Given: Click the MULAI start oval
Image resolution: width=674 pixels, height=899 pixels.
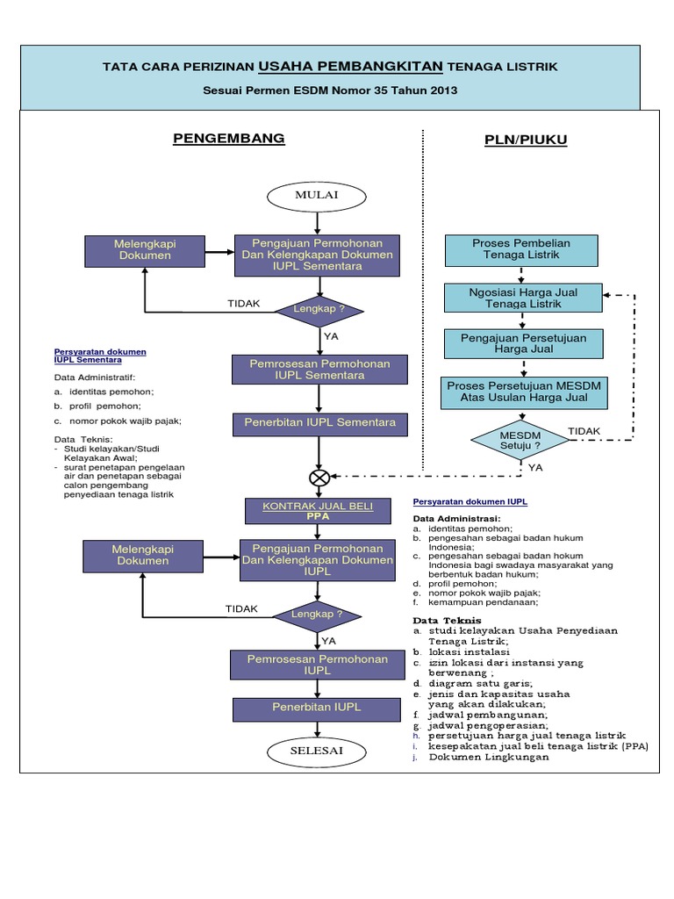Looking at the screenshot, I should pyautogui.click(x=317, y=196).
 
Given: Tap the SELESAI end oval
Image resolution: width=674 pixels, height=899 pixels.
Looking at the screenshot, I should pyautogui.click(x=317, y=752).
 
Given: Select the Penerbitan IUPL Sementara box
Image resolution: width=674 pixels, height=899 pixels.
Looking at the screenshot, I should pyautogui.click(x=319, y=423).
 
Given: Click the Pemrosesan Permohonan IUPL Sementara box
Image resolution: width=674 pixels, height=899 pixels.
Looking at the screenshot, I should pyautogui.click(x=319, y=370).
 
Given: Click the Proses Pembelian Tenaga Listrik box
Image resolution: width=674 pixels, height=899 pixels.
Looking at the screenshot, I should pyautogui.click(x=520, y=249).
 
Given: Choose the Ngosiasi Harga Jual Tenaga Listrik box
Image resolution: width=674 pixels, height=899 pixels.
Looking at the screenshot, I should pyautogui.click(x=524, y=298).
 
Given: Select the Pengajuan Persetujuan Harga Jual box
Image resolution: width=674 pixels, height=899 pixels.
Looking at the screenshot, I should pyautogui.click(x=524, y=343).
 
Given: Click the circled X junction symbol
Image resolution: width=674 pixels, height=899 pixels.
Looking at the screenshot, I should pyautogui.click(x=318, y=478).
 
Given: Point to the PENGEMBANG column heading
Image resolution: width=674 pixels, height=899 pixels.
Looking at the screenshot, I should pyautogui.click(x=228, y=139).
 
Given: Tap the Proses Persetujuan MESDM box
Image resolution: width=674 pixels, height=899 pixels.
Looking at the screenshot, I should pyautogui.click(x=524, y=392).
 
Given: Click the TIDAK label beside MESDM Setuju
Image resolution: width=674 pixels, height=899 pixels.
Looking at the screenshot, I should pyautogui.click(x=584, y=430).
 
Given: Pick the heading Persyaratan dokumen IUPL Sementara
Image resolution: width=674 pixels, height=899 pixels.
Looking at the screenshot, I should pyautogui.click(x=100, y=356).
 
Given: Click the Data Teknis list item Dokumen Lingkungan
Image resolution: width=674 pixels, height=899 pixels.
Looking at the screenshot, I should pyautogui.click(x=488, y=757).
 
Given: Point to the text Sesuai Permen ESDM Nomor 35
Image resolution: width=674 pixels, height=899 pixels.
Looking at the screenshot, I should pyautogui.click(x=330, y=90).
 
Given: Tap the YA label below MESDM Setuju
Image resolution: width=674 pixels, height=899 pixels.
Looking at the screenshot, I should pyautogui.click(x=535, y=468).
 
